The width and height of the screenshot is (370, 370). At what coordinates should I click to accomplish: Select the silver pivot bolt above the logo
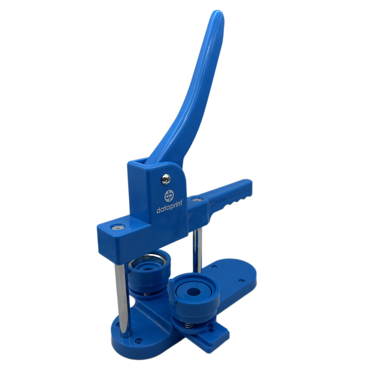click(166, 179)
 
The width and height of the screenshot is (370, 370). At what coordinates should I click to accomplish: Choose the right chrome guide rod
click(198, 252)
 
